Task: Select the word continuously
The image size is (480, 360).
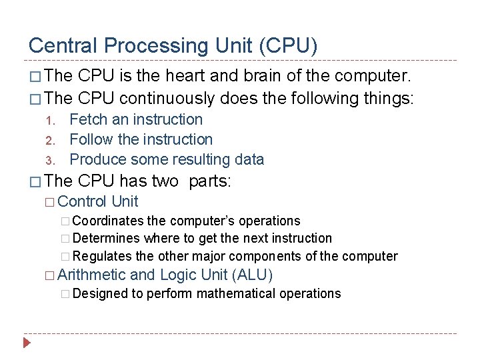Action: [x=167, y=99]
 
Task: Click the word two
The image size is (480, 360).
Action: [x=165, y=181]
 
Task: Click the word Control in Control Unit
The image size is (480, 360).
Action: [x=83, y=201]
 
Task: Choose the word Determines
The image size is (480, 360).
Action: [x=107, y=238]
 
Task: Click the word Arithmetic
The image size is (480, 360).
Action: [x=92, y=275]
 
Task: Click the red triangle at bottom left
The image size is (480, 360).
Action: [x=27, y=344]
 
